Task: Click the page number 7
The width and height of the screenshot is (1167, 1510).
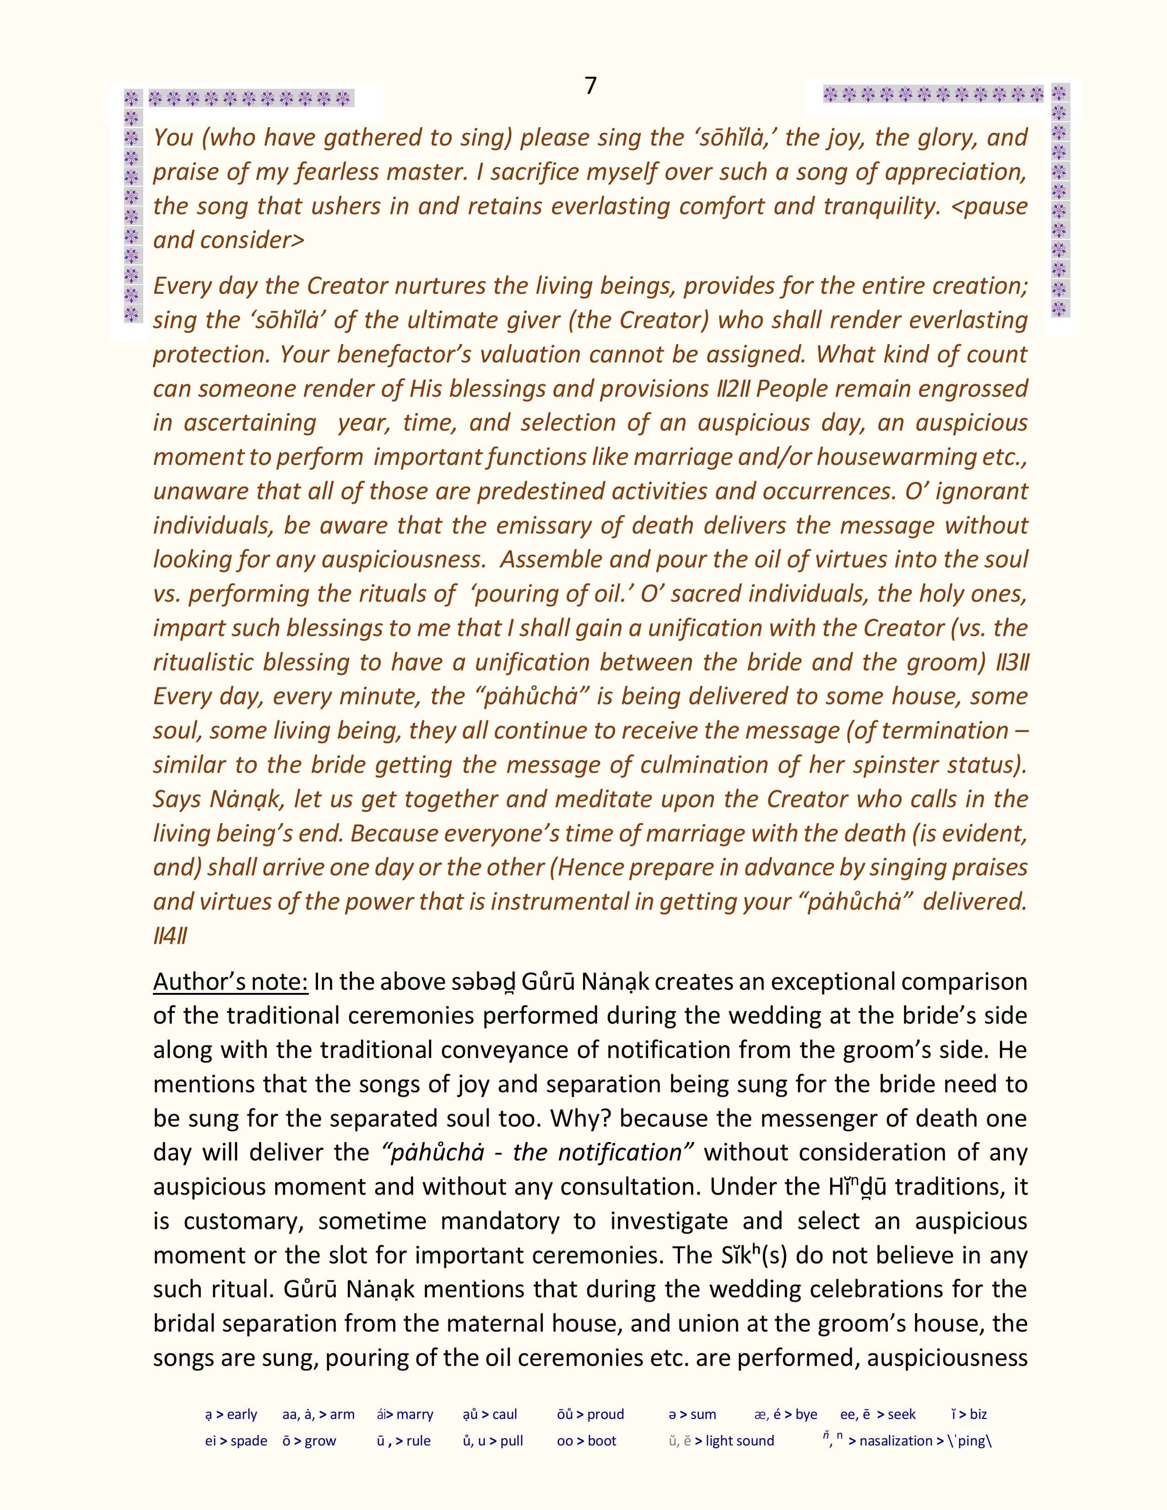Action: (590, 86)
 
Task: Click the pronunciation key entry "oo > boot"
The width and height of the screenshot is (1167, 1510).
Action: (586, 1441)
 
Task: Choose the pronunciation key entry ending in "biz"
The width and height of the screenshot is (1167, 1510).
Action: (969, 1414)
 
